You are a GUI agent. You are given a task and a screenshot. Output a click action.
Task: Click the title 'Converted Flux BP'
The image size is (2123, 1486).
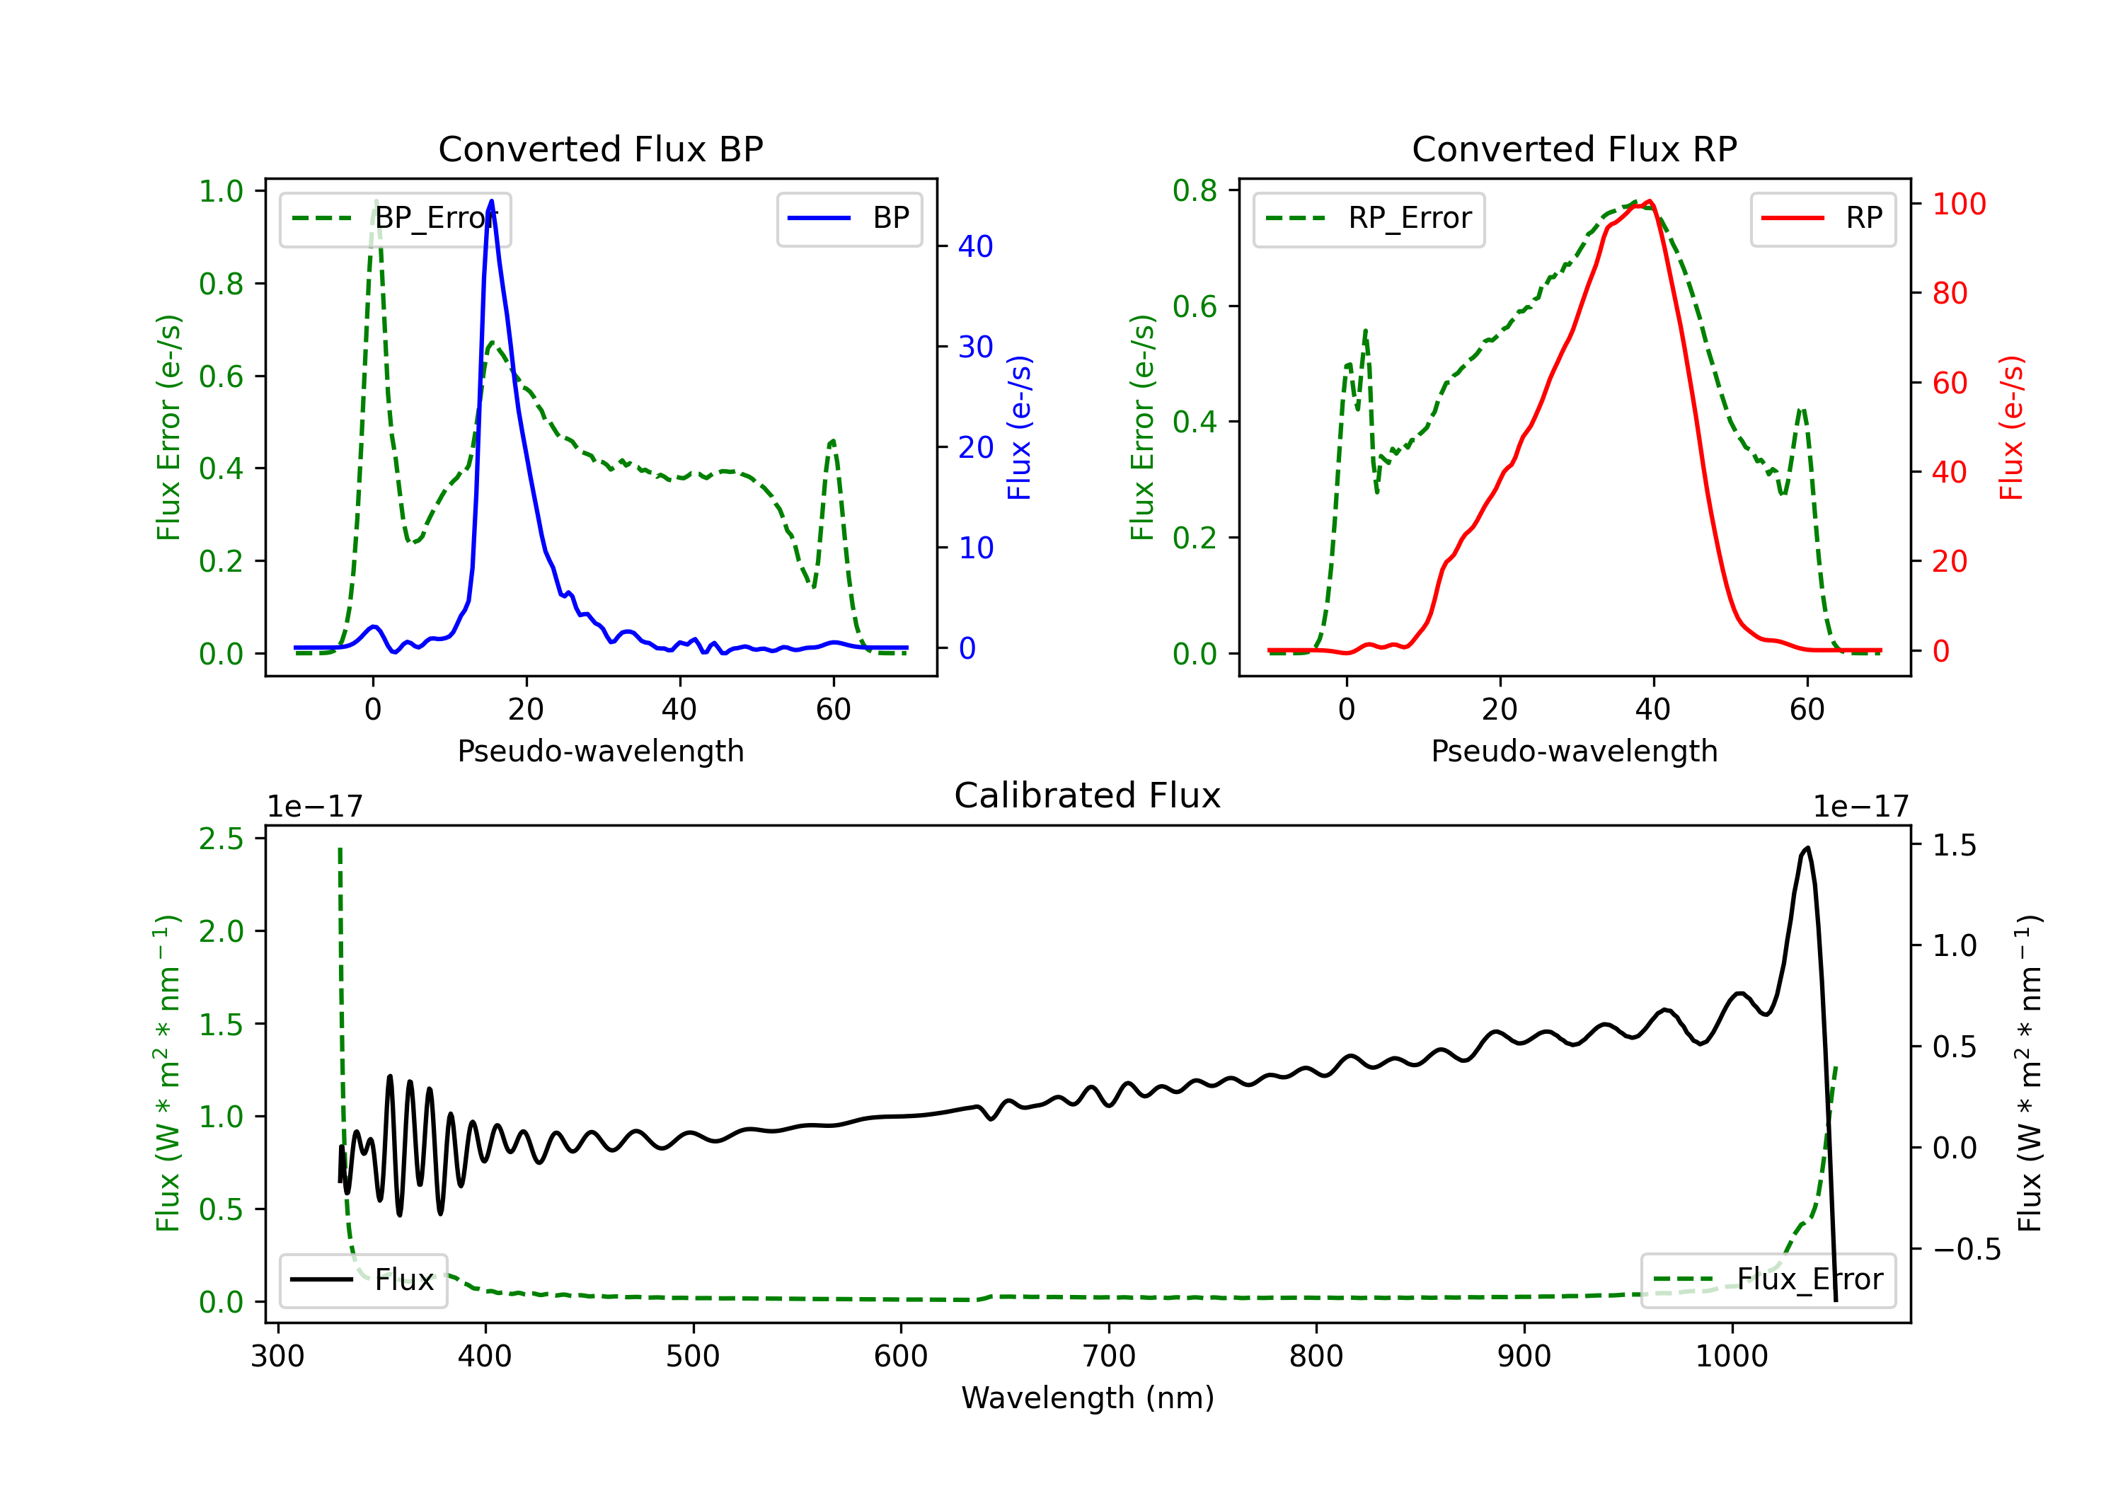[x=600, y=149]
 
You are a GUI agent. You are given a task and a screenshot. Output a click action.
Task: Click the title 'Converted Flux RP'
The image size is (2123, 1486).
[x=1574, y=149]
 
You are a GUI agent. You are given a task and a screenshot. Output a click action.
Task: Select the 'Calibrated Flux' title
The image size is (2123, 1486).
[x=1088, y=795]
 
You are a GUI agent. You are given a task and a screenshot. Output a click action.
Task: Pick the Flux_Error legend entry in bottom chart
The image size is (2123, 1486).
[x=1768, y=1280]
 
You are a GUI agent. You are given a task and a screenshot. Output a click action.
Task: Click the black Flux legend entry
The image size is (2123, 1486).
[x=364, y=1280]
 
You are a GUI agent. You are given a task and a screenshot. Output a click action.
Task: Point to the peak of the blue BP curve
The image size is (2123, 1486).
[x=491, y=201]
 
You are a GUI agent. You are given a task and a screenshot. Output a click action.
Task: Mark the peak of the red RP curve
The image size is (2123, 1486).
[x=1650, y=201]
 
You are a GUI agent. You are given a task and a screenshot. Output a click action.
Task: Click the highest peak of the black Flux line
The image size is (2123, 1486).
[x=1807, y=847]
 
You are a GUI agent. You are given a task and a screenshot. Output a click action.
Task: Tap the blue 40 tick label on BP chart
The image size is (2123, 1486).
[x=975, y=247]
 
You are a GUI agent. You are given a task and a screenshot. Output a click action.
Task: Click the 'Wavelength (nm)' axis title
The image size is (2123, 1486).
[x=1088, y=1398]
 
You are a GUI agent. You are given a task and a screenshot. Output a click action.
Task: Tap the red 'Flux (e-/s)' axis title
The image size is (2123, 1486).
[x=2011, y=427]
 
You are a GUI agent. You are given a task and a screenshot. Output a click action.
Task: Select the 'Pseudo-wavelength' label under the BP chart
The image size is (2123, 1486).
[x=600, y=751]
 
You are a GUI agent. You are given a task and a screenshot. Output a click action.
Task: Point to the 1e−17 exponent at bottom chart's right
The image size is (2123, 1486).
[x=1861, y=807]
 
